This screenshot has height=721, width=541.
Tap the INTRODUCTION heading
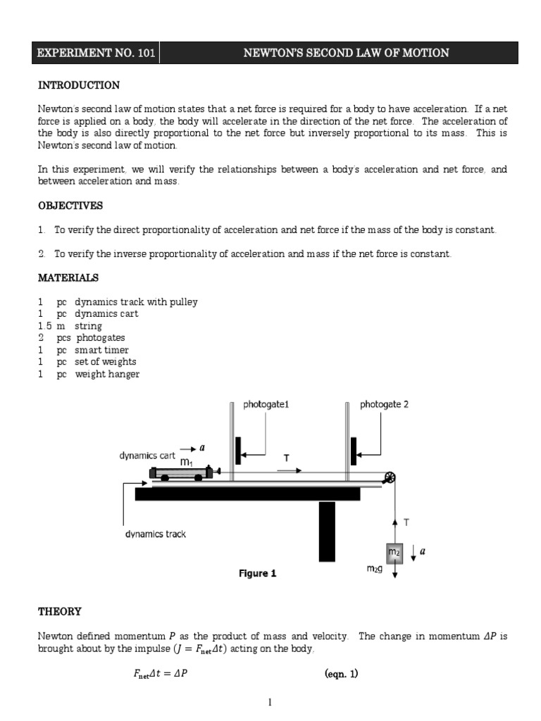[x=78, y=86]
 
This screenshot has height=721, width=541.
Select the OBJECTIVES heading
[x=70, y=206]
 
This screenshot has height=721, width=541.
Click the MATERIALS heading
[x=68, y=278]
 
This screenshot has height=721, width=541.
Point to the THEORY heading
[x=60, y=612]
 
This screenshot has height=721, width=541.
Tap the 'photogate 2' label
[x=384, y=405]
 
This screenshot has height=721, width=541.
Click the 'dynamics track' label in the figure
[x=155, y=534]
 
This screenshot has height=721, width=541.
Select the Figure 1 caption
[x=257, y=574]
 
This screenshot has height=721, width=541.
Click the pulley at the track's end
[x=388, y=479]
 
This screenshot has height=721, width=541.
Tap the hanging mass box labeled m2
[x=394, y=553]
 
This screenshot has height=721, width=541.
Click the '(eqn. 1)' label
[x=342, y=674]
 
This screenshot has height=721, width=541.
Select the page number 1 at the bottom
[x=270, y=702]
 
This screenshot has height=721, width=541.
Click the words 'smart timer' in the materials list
[x=102, y=350]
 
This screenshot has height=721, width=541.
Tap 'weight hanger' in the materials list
[x=107, y=374]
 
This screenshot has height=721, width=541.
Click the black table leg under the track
[x=327, y=531]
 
